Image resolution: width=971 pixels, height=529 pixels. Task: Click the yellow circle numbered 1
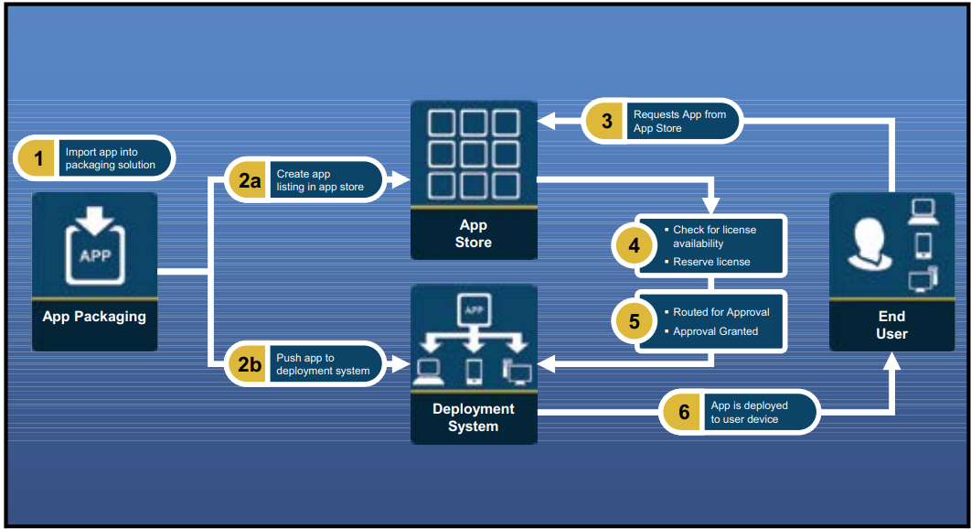(x=38, y=158)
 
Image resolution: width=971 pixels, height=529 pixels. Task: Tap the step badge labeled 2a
(x=250, y=180)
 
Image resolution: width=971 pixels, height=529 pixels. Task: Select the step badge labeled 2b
(x=250, y=364)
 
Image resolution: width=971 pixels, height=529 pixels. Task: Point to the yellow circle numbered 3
(x=605, y=121)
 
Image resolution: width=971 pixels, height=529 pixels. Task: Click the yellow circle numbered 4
(x=635, y=245)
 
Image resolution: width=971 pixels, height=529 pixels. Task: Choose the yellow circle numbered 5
(x=635, y=321)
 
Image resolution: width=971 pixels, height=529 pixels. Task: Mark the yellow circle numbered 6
(x=683, y=413)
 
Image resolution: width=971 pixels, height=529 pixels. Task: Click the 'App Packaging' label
(x=94, y=317)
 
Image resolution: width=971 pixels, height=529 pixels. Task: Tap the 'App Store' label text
(x=474, y=233)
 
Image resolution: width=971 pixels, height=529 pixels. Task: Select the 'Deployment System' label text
(x=474, y=417)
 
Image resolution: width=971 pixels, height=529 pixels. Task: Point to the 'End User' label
(x=891, y=325)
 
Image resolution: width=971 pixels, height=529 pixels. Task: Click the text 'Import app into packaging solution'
(x=110, y=158)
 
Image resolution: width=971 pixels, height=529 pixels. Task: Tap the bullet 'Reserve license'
(x=711, y=262)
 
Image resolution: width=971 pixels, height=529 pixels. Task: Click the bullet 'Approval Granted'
(x=715, y=331)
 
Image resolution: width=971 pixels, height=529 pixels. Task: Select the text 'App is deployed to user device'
(x=749, y=413)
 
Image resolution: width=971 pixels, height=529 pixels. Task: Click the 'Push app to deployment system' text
(x=323, y=364)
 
